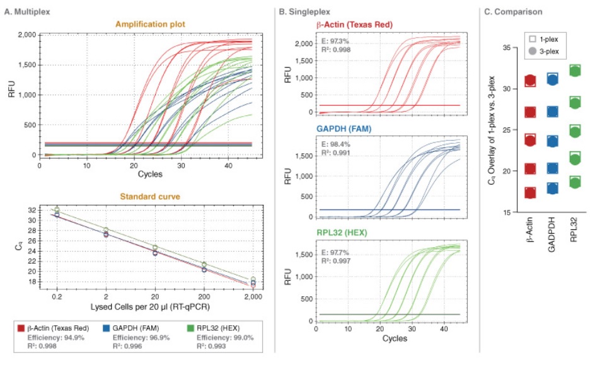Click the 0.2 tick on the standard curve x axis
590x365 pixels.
point(56,296)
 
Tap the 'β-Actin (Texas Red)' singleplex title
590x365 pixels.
point(354,25)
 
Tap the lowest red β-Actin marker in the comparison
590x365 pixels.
point(530,192)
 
